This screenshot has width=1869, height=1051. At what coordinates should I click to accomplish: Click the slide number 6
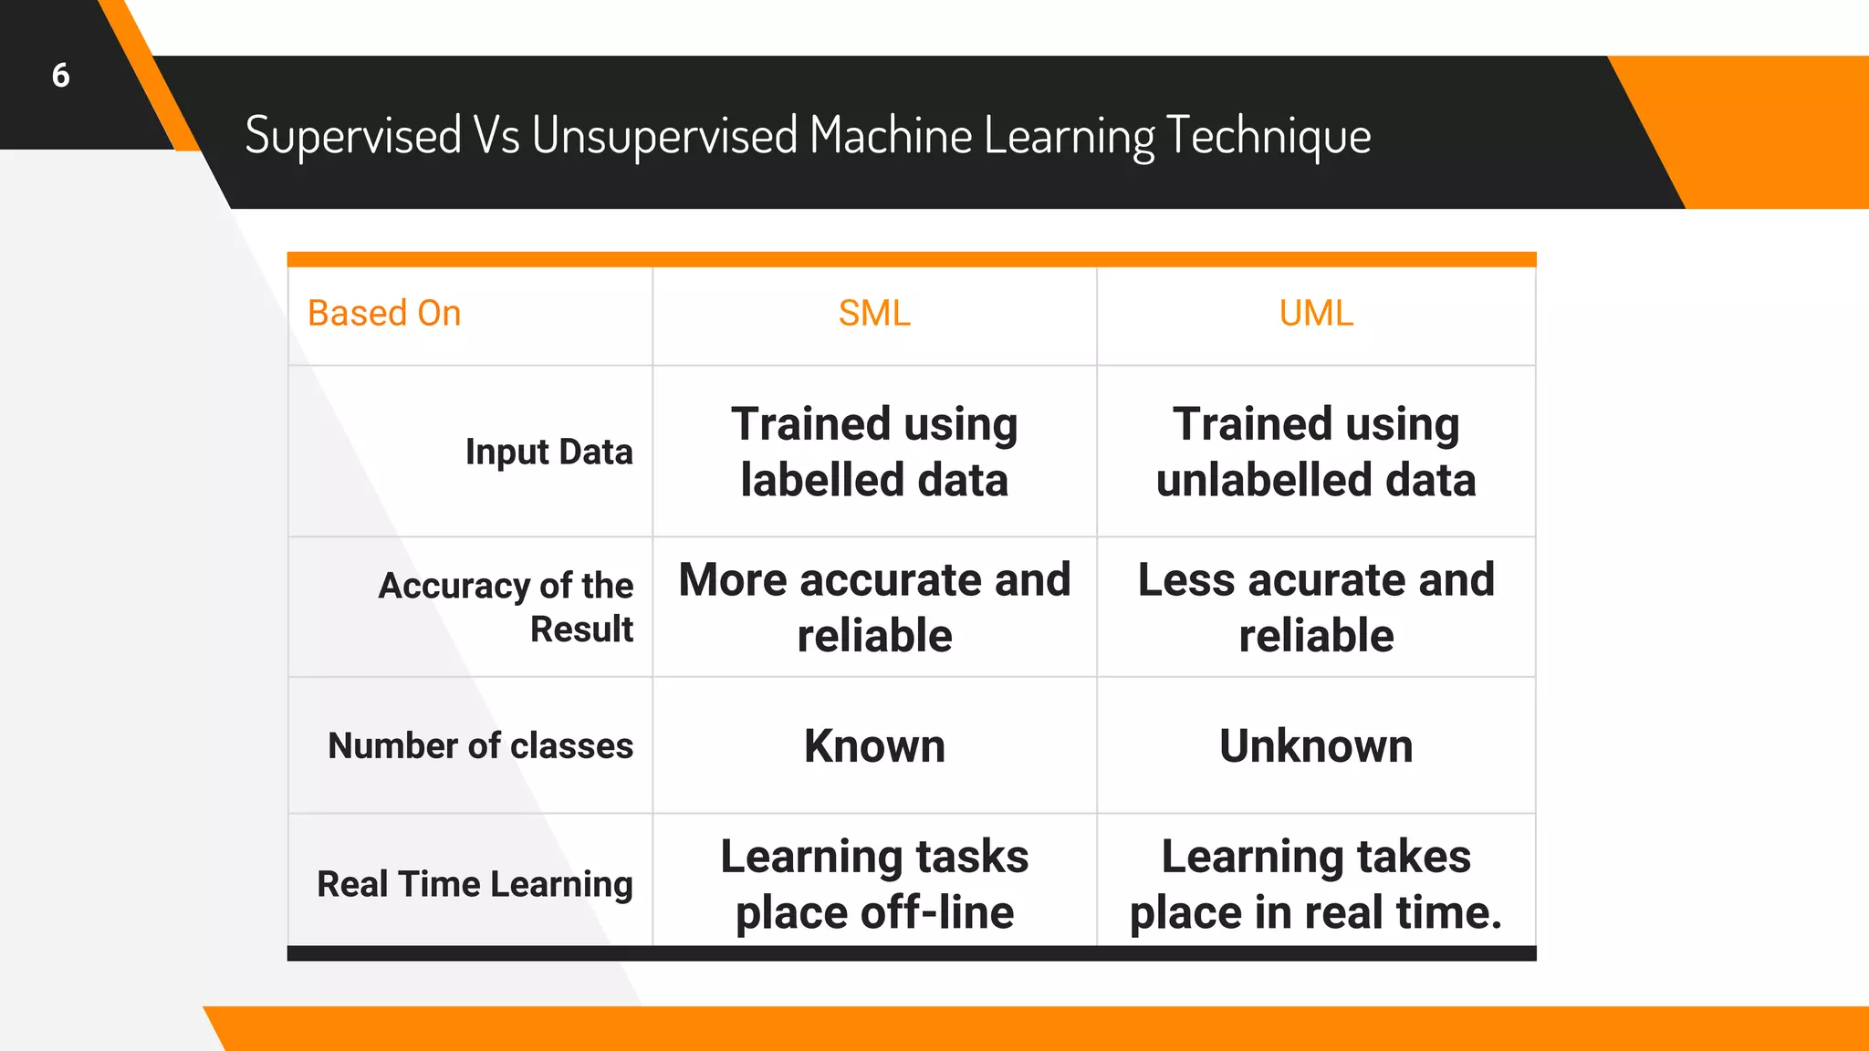(60, 75)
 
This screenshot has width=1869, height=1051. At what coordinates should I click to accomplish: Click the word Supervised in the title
(353, 136)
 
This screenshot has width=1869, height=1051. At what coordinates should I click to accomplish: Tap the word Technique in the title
(1268, 136)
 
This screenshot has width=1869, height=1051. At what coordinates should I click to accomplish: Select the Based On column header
(384, 313)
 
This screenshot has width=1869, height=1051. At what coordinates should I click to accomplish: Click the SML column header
(874, 313)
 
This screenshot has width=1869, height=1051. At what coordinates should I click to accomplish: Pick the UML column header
(1315, 313)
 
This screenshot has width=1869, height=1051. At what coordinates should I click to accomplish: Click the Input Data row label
(548, 452)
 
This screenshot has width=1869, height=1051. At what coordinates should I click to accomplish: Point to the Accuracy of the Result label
(506, 607)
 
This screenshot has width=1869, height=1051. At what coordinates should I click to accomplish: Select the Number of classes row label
(480, 745)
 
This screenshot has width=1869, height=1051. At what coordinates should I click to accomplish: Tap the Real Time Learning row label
(475, 883)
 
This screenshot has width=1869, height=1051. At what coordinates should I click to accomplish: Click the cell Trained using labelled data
(874, 452)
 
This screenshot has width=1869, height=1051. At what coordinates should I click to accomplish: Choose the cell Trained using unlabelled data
(1315, 452)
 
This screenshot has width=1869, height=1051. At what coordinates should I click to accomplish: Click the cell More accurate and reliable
(874, 607)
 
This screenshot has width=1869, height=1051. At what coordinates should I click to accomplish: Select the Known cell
(874, 745)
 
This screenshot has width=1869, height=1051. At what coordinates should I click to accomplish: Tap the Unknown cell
(1315, 745)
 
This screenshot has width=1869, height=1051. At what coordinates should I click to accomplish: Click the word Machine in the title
(890, 136)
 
